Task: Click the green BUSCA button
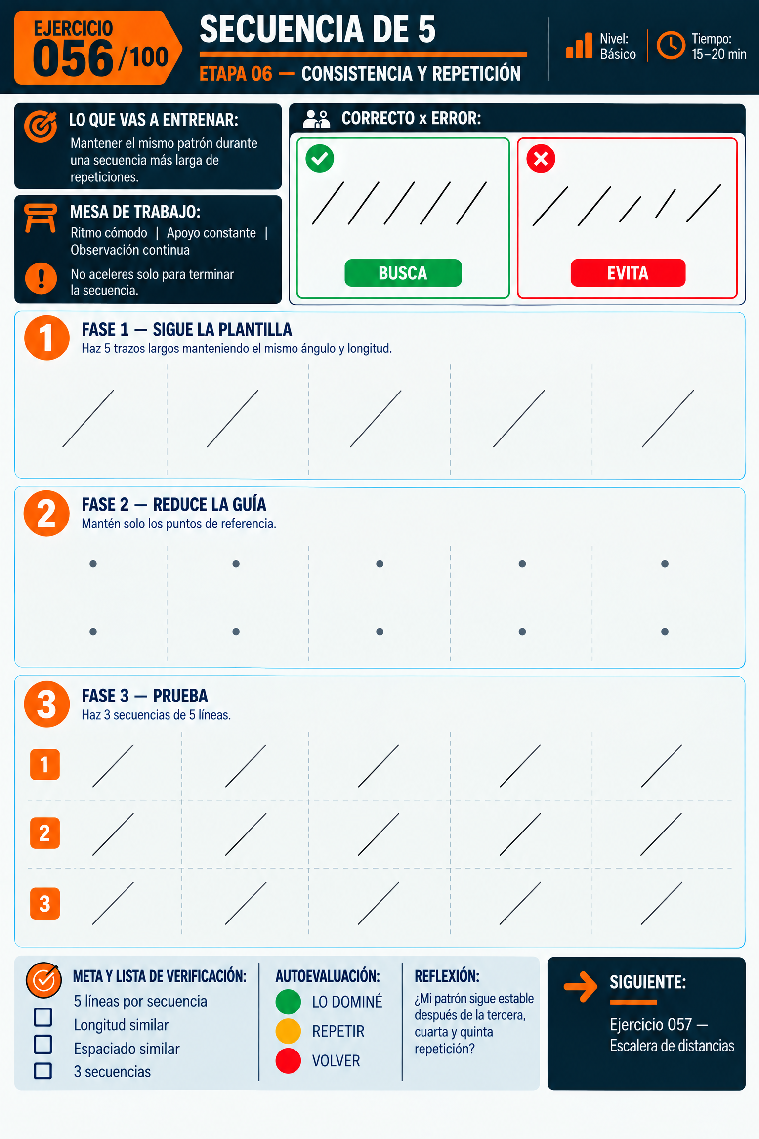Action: point(403,273)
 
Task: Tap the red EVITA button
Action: point(628,273)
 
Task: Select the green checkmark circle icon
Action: point(320,159)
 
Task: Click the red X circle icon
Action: point(541,159)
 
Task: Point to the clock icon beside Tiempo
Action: point(671,45)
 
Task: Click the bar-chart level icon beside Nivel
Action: point(579,45)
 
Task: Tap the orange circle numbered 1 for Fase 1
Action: point(47,338)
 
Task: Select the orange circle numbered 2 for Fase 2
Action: point(47,513)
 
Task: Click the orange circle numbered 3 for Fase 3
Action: point(47,704)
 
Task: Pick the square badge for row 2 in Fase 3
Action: point(45,833)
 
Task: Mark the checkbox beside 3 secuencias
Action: point(43,1071)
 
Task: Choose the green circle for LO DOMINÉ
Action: point(288,1002)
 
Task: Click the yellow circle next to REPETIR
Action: point(288,1031)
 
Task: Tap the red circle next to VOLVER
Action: point(288,1061)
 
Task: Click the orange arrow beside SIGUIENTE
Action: point(581,987)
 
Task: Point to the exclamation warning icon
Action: point(41,278)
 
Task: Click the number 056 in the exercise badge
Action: point(73,59)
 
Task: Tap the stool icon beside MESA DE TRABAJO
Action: point(40,218)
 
